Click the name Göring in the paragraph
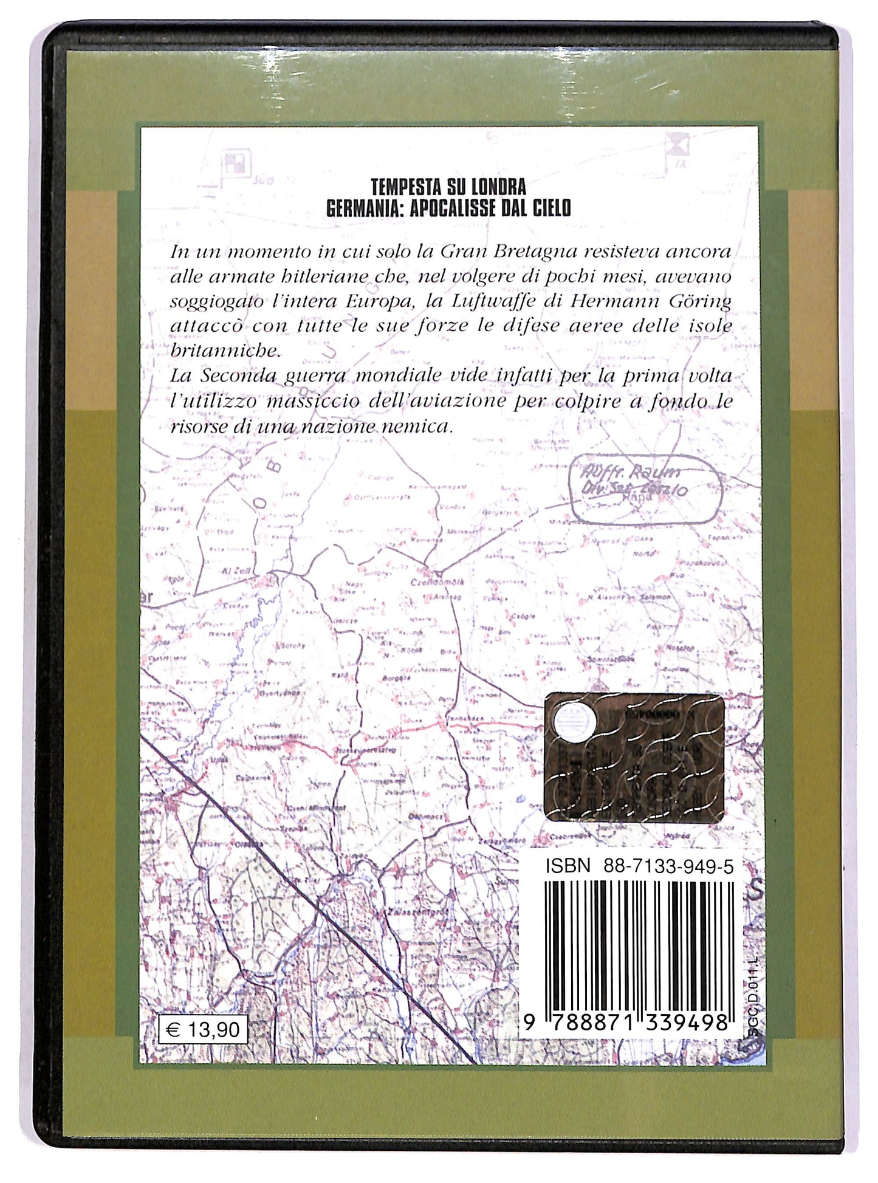pyautogui.click(x=705, y=302)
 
